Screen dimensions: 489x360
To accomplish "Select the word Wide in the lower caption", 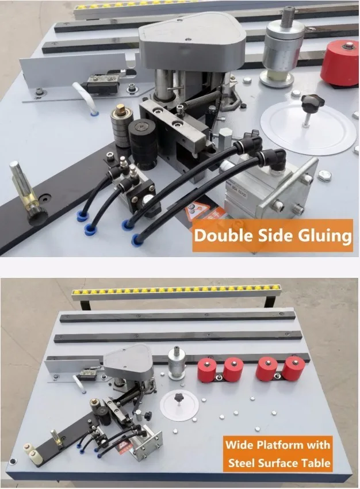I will [238, 445].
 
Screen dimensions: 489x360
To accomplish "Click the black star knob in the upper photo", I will [312, 104].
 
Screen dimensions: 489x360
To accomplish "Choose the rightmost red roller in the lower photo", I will [294, 368].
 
